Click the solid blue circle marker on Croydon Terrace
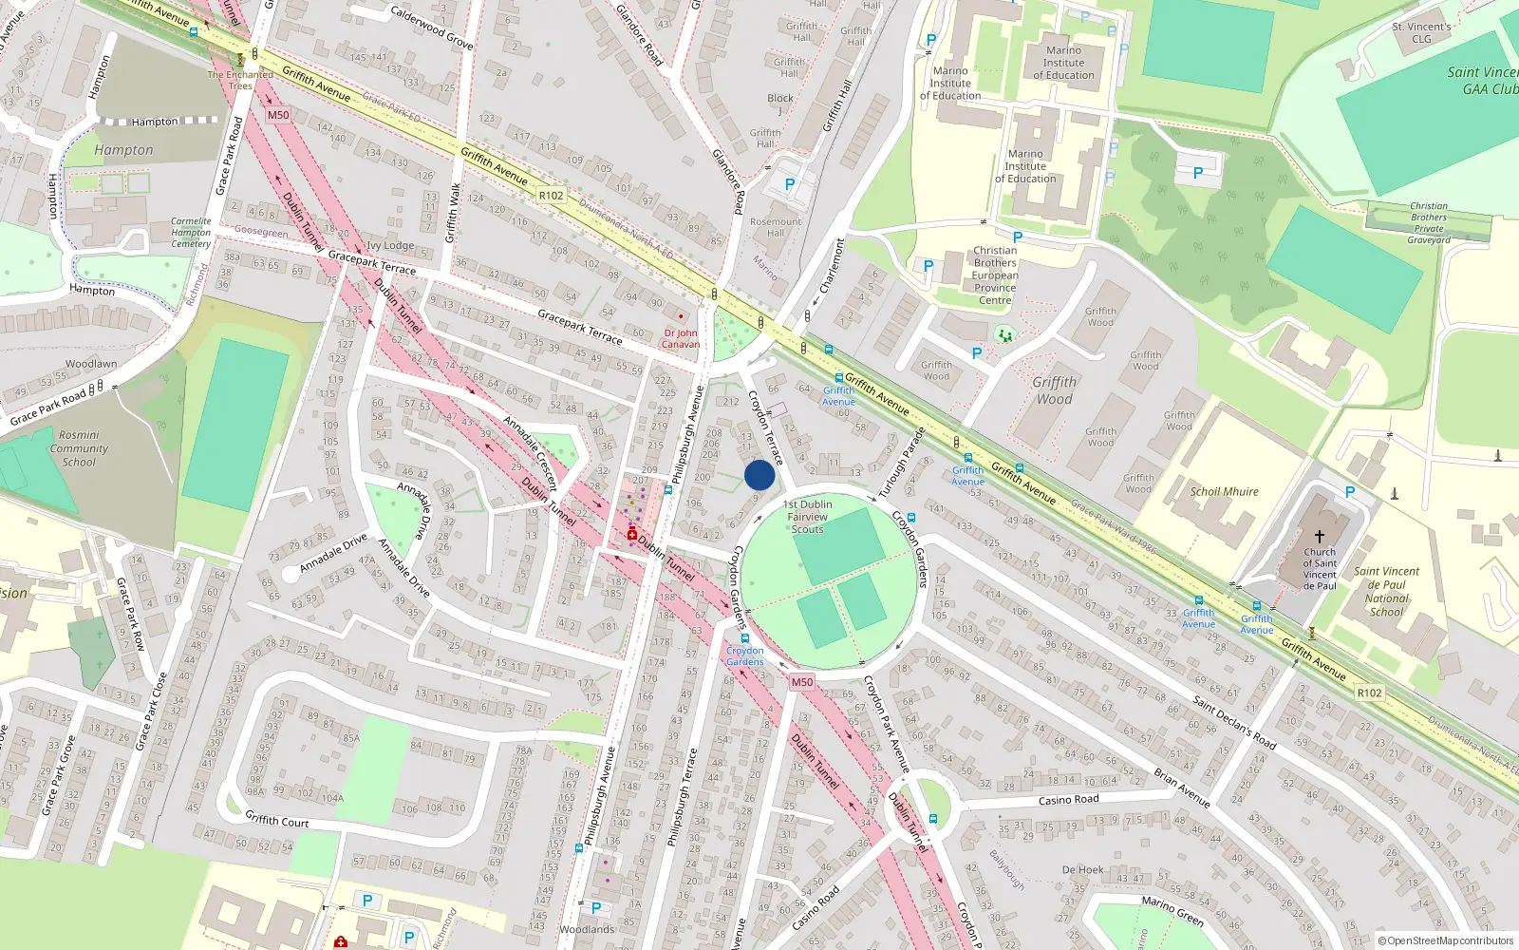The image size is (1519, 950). pyautogui.click(x=759, y=475)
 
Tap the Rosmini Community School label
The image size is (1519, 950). pyautogui.click(x=79, y=448)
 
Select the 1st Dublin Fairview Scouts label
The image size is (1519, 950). pyautogui.click(x=808, y=517)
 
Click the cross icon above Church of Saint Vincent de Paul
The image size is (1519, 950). pyautogui.click(x=1319, y=537)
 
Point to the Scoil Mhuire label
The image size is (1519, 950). pyautogui.click(x=1224, y=491)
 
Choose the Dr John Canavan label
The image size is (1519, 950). pyautogui.click(x=681, y=338)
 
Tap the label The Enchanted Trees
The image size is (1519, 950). pyautogui.click(x=240, y=80)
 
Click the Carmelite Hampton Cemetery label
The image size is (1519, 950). pyautogui.click(x=191, y=233)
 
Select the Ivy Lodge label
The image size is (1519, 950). pyautogui.click(x=390, y=245)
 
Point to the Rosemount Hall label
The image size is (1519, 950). pyautogui.click(x=776, y=227)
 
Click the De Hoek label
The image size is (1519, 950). pyautogui.click(x=1082, y=869)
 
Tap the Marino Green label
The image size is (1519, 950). pyautogui.click(x=1172, y=911)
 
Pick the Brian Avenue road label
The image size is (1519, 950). pyautogui.click(x=1181, y=788)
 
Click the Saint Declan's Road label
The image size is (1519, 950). pyautogui.click(x=1234, y=722)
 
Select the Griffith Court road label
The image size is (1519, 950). pyautogui.click(x=277, y=819)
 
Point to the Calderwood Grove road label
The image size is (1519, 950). pyautogui.click(x=432, y=27)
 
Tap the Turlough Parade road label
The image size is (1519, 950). pyautogui.click(x=901, y=464)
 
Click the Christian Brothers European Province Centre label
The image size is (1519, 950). pyautogui.click(x=995, y=275)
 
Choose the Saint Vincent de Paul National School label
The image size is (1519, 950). pyautogui.click(x=1386, y=592)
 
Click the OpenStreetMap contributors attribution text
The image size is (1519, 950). pyautogui.click(x=1446, y=940)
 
